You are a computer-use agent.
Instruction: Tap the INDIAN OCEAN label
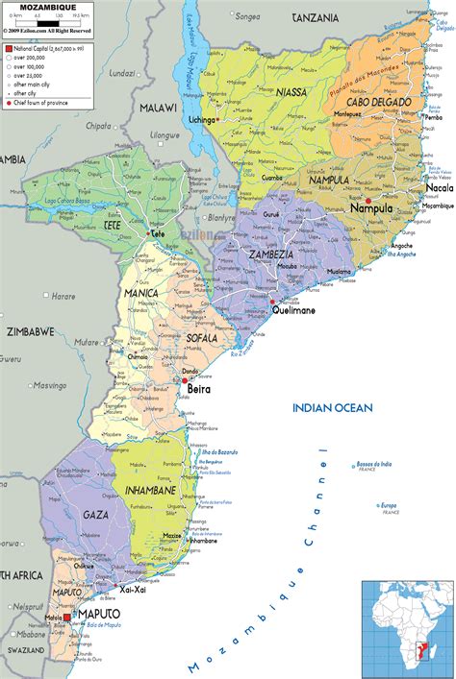click(332, 408)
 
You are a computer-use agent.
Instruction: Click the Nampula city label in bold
click(370, 208)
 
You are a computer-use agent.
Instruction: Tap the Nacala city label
click(438, 188)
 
